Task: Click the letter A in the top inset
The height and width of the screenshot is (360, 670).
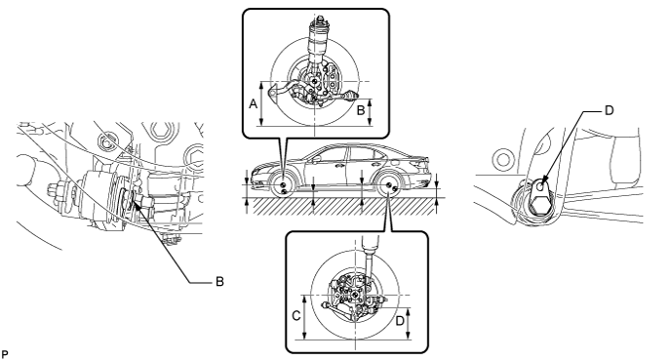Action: [x=254, y=103]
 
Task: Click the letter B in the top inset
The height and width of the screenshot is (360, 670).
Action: [x=361, y=110]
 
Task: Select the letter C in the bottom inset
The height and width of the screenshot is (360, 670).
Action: [x=296, y=316]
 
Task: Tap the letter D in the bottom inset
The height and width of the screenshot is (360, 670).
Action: [x=400, y=321]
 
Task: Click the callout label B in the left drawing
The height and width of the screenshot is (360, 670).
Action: [x=219, y=282]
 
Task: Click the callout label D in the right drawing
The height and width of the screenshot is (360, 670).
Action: [x=610, y=110]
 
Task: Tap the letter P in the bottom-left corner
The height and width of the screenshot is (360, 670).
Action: [x=5, y=355]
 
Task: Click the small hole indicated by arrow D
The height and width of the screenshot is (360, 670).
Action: [x=540, y=186]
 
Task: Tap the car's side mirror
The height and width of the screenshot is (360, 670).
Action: [x=317, y=159]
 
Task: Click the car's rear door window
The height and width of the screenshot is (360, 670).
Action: [x=359, y=155]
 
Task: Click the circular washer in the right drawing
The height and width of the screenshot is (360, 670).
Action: [x=503, y=159]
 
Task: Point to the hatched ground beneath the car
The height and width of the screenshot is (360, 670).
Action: [x=345, y=206]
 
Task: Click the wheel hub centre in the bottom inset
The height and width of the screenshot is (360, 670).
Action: [x=356, y=296]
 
